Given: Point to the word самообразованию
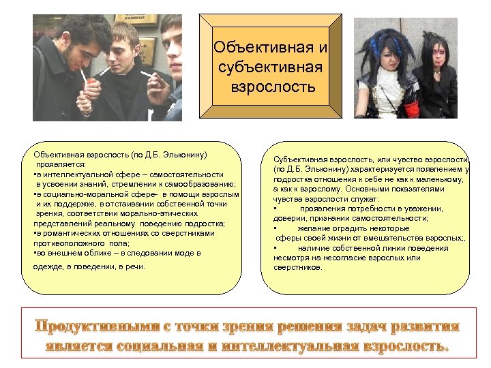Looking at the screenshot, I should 201,184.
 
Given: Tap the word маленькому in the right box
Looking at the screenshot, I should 435,179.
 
